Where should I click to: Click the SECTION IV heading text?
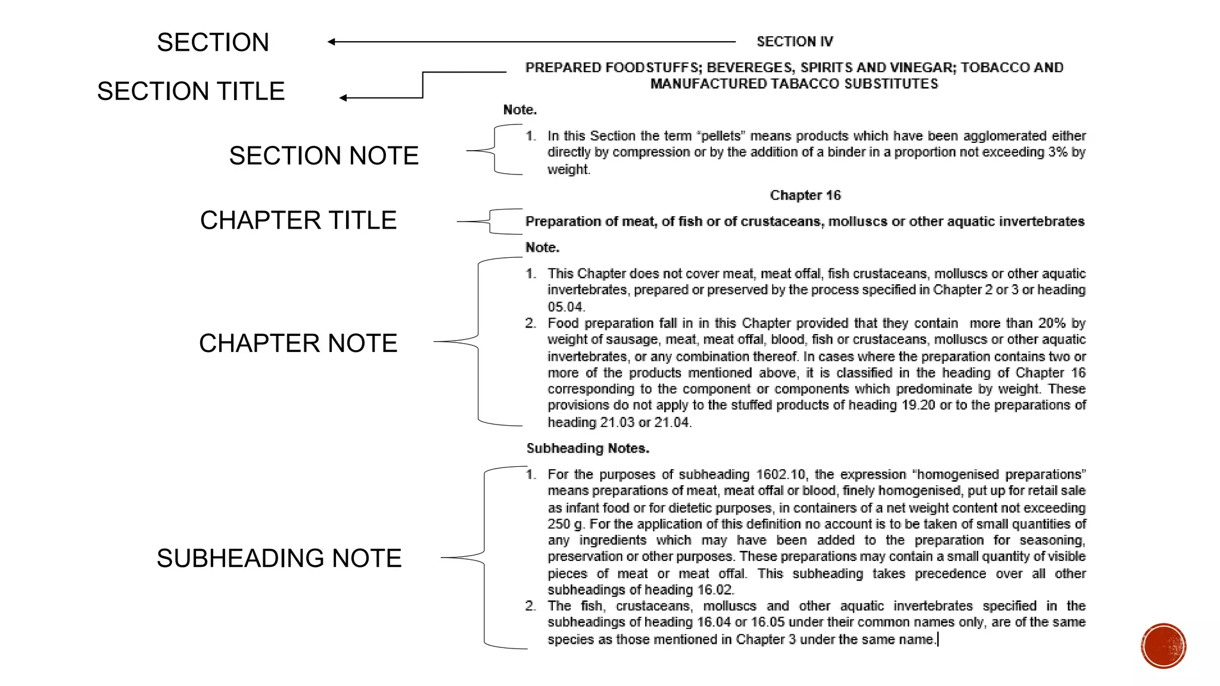[795, 42]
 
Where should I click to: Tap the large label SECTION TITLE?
[191, 91]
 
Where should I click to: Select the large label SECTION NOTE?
[323, 155]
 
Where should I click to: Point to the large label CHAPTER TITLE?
[298, 220]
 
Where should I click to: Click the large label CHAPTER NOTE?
[298, 343]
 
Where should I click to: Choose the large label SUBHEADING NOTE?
[279, 558]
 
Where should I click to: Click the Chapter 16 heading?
[805, 195]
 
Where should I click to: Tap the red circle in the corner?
[1163, 646]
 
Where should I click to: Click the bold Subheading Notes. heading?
[587, 448]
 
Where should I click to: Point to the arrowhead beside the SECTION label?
[331, 42]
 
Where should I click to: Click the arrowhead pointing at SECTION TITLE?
[343, 98]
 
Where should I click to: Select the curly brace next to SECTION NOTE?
[494, 150]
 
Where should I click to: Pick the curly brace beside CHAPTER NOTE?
[478, 341]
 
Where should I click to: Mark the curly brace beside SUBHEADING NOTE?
[484, 557]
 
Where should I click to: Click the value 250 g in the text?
[565, 524]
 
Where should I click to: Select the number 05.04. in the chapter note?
[566, 307]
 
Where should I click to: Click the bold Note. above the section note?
[519, 110]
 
